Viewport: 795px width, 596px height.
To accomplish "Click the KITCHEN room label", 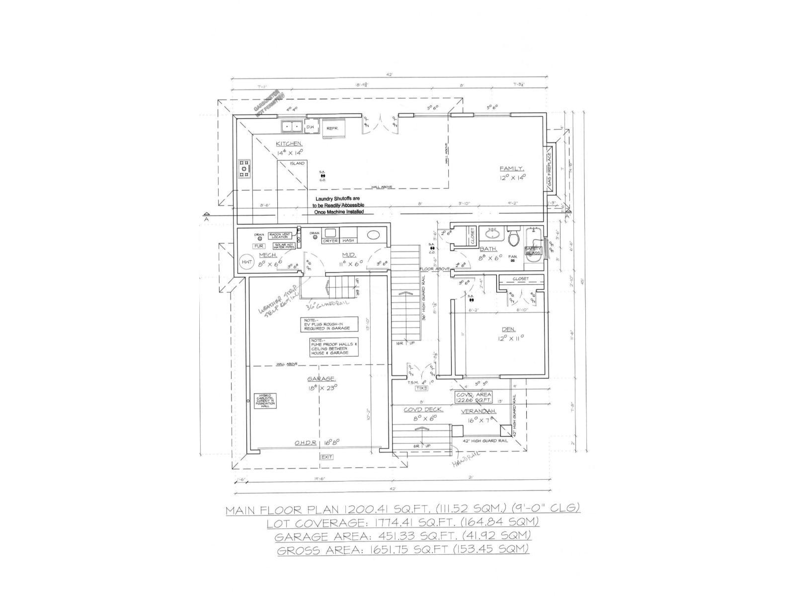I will pyautogui.click(x=289, y=144).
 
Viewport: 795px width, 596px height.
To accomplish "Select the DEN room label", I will pyautogui.click(x=508, y=329).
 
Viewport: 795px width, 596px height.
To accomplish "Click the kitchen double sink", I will pyautogui.click(x=291, y=127).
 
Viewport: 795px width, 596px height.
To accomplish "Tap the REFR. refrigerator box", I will pyautogui.click(x=332, y=128).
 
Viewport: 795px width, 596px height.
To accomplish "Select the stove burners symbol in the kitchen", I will pyautogui.click(x=244, y=169).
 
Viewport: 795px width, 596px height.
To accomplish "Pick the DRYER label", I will pyautogui.click(x=330, y=241).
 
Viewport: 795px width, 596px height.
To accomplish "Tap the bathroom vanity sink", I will pyautogui.click(x=492, y=232).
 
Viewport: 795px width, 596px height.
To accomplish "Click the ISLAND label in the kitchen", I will pyautogui.click(x=297, y=163).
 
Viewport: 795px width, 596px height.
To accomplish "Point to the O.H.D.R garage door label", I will pyautogui.click(x=304, y=443).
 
